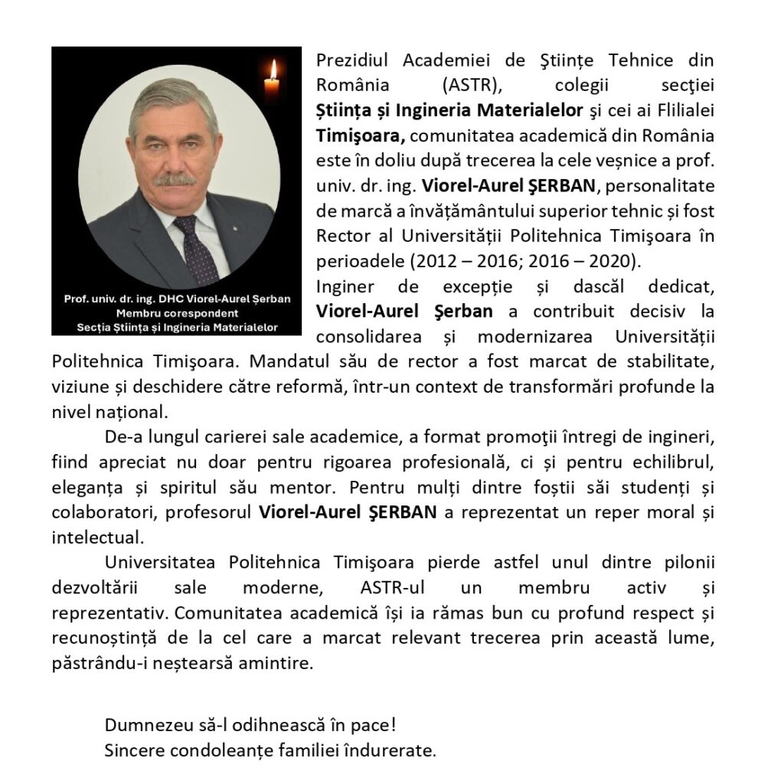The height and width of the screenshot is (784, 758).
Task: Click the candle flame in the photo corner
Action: (x=272, y=70)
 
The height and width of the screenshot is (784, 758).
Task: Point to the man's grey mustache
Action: (x=175, y=181)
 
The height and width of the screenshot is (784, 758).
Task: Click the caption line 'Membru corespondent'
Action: (x=176, y=314)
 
